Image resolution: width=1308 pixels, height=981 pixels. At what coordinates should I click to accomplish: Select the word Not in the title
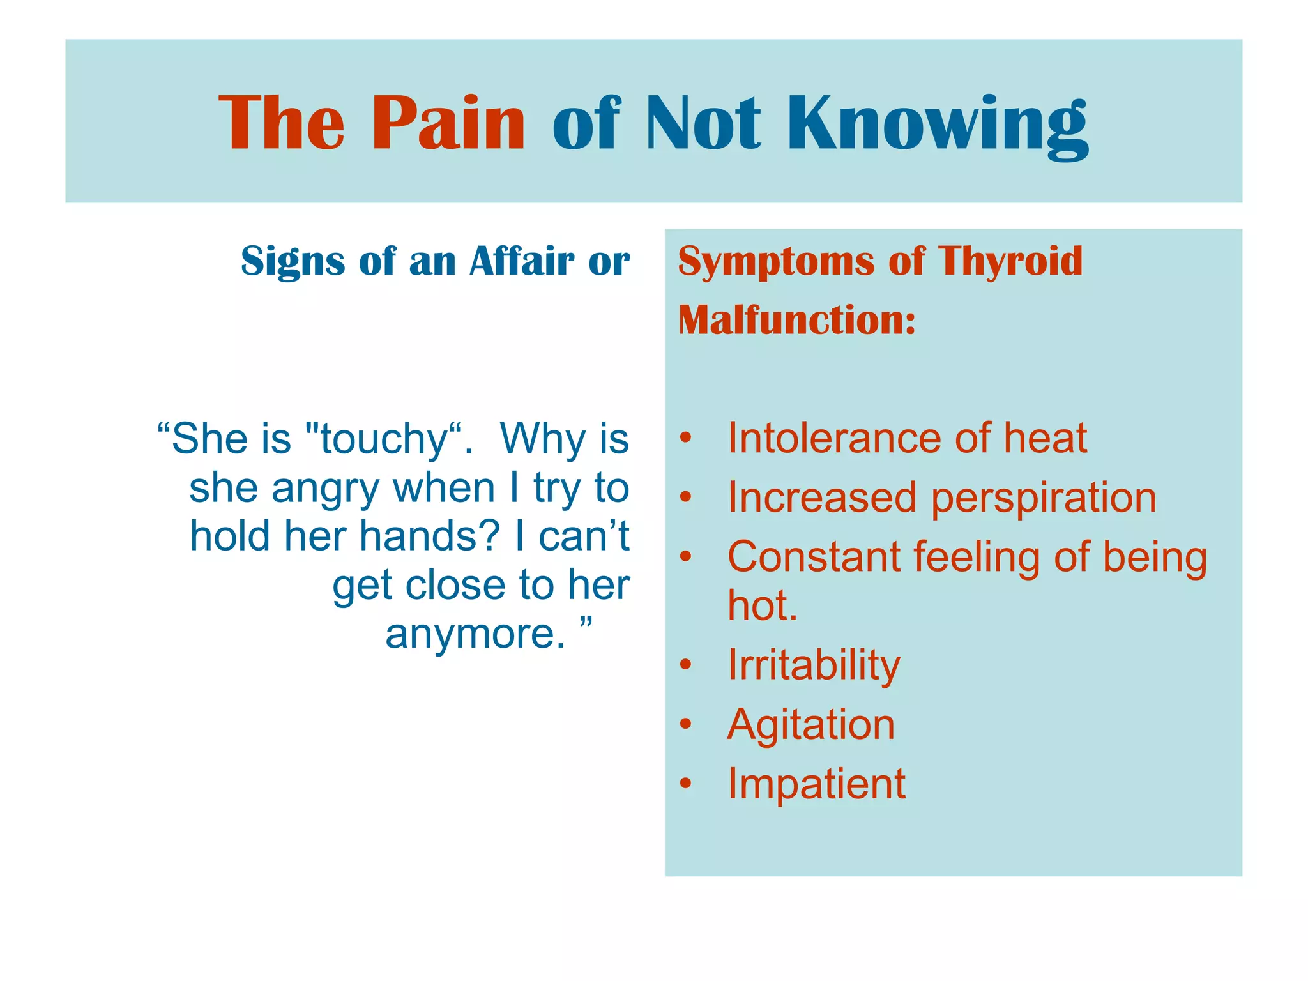click(703, 122)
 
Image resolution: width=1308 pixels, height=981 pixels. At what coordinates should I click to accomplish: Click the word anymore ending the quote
click(475, 634)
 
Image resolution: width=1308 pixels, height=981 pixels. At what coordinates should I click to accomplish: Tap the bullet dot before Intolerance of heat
click(685, 438)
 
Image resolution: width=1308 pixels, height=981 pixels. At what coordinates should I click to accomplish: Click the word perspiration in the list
click(1043, 499)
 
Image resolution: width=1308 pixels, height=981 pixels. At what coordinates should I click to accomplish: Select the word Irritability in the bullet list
click(814, 665)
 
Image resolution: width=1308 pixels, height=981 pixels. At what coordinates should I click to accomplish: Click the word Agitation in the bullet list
click(810, 725)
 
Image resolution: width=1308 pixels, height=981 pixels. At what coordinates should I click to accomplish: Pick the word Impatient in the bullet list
click(816, 784)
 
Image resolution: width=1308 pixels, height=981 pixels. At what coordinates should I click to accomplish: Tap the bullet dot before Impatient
click(685, 784)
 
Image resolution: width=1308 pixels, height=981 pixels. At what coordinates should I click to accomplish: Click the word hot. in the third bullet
click(763, 605)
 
